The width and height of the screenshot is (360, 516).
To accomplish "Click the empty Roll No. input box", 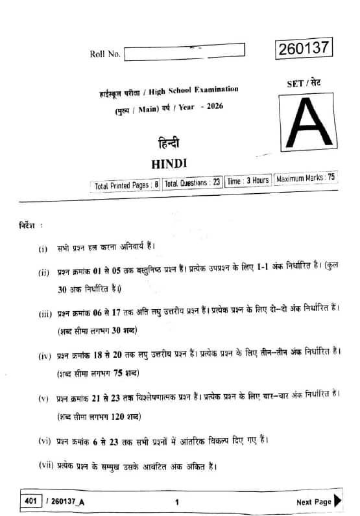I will [x=184, y=53].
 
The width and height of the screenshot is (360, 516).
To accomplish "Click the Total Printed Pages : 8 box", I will [x=126, y=185].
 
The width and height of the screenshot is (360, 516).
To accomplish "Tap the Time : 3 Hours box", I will [x=248, y=181].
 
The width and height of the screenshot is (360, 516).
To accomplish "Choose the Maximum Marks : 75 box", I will [x=306, y=178].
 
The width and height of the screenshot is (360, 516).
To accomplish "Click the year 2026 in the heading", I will [x=211, y=106].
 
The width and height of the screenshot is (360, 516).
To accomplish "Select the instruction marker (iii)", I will [x=45, y=314].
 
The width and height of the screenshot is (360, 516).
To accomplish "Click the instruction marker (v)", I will [x=44, y=397].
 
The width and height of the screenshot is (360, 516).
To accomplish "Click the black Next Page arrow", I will [x=337, y=501].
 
